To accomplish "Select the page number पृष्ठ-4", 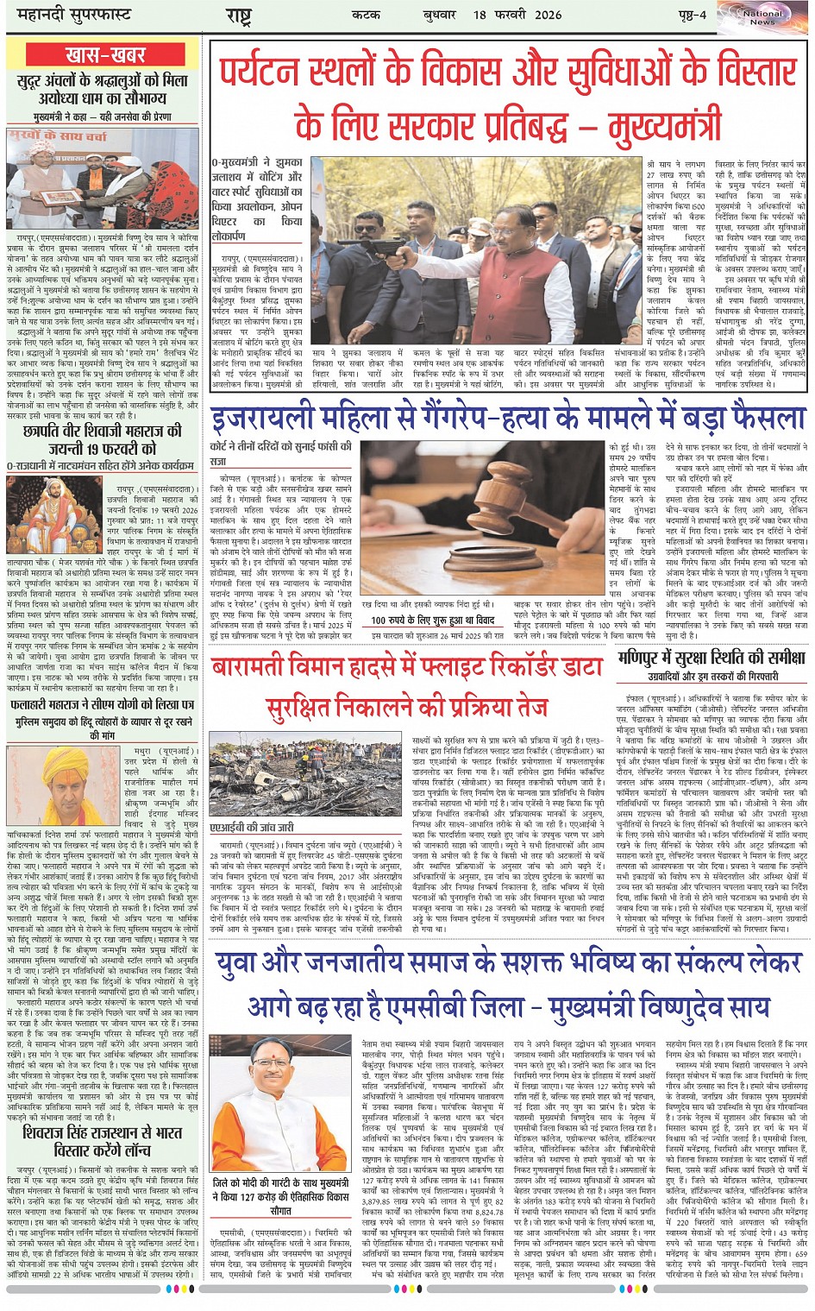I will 690,15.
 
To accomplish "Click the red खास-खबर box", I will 105,55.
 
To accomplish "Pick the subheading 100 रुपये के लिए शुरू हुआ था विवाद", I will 433,620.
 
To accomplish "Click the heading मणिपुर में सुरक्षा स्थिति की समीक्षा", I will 712,659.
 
